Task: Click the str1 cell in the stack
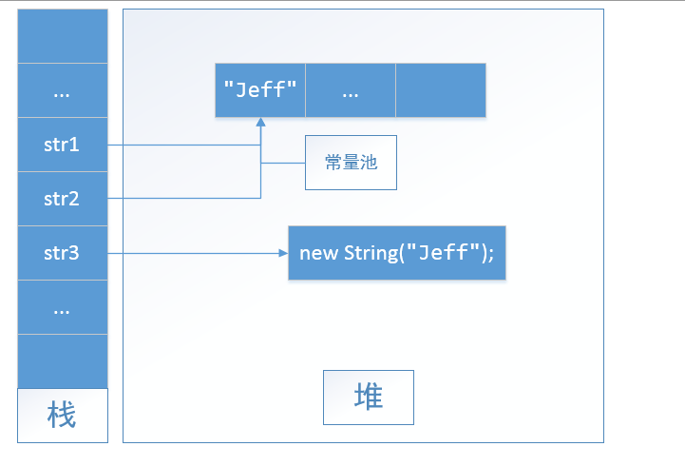pos(62,146)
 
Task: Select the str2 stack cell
pos(62,200)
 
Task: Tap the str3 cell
pos(62,254)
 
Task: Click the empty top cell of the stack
pos(62,36)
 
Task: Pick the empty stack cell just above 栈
pos(62,361)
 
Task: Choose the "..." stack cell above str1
pos(62,91)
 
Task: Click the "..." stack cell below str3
pos(62,308)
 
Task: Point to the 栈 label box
pos(62,416)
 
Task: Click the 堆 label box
pos(369,397)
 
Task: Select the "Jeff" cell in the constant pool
pos(260,90)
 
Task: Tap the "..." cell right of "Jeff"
pos(351,90)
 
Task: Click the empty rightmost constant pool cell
pos(441,90)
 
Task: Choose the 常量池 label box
pos(351,163)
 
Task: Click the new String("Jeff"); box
pos(396,253)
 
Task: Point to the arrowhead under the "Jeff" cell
pos(260,124)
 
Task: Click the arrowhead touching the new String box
pos(282,254)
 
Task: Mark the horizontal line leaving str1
pos(181,146)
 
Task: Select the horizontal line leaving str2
pos(181,198)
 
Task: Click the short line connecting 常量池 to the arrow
pos(282,163)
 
